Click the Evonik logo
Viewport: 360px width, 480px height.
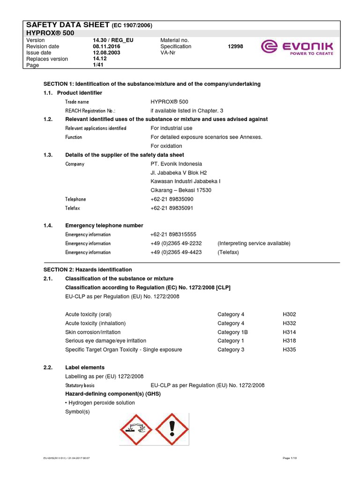[297, 47]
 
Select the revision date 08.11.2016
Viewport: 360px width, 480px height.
[106, 46]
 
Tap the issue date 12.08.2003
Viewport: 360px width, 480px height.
[106, 52]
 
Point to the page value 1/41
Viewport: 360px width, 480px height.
[99, 65]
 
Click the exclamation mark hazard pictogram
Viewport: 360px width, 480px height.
[172, 429]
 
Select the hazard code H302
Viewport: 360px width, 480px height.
[289, 315]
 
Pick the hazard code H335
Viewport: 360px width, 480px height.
[289, 350]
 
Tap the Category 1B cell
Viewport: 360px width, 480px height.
[232, 332]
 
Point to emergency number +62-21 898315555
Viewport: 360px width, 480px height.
[173, 234]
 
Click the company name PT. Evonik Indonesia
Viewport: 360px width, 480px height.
[176, 164]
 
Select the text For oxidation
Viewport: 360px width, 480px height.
[166, 146]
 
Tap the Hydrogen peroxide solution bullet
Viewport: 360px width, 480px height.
[100, 403]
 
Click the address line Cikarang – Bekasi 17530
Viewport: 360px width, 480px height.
[181, 190]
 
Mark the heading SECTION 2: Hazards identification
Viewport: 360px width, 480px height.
[88, 270]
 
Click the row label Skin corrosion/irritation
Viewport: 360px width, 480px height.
[93, 332]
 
